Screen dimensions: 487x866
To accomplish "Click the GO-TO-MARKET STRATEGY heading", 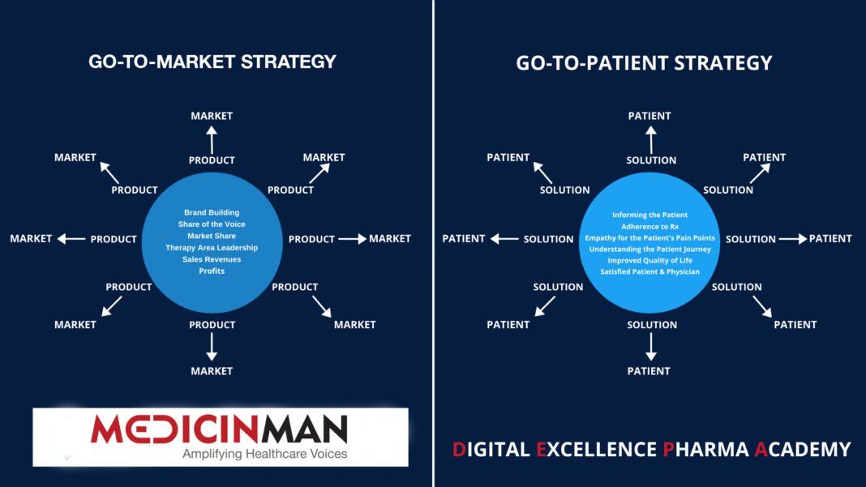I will tap(212, 62).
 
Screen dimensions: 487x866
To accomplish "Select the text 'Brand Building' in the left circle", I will tap(212, 212).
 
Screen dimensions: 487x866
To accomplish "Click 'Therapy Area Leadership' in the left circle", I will tap(212, 247).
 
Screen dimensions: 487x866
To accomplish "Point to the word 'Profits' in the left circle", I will tap(212, 271).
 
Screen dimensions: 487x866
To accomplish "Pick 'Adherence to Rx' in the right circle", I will tap(650, 227).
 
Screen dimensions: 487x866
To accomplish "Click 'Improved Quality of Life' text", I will tap(650, 260).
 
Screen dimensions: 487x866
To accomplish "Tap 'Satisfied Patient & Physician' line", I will tap(650, 271).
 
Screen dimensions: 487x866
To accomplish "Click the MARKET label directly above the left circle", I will tap(212, 116).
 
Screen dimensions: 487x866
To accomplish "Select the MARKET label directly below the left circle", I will tap(212, 371).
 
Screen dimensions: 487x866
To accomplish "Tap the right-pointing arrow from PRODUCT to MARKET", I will tap(352, 239).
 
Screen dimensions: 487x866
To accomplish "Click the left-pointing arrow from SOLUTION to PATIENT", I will tap(504, 239).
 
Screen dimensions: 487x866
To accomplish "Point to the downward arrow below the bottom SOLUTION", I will tap(650, 348).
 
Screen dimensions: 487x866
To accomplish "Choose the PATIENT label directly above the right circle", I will tap(650, 116).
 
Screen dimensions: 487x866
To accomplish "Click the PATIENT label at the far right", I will tap(830, 239).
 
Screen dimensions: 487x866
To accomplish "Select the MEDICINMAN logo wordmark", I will tap(219, 429).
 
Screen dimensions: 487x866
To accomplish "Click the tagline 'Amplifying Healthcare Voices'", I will tap(264, 454).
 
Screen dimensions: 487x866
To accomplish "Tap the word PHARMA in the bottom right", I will tap(705, 449).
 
